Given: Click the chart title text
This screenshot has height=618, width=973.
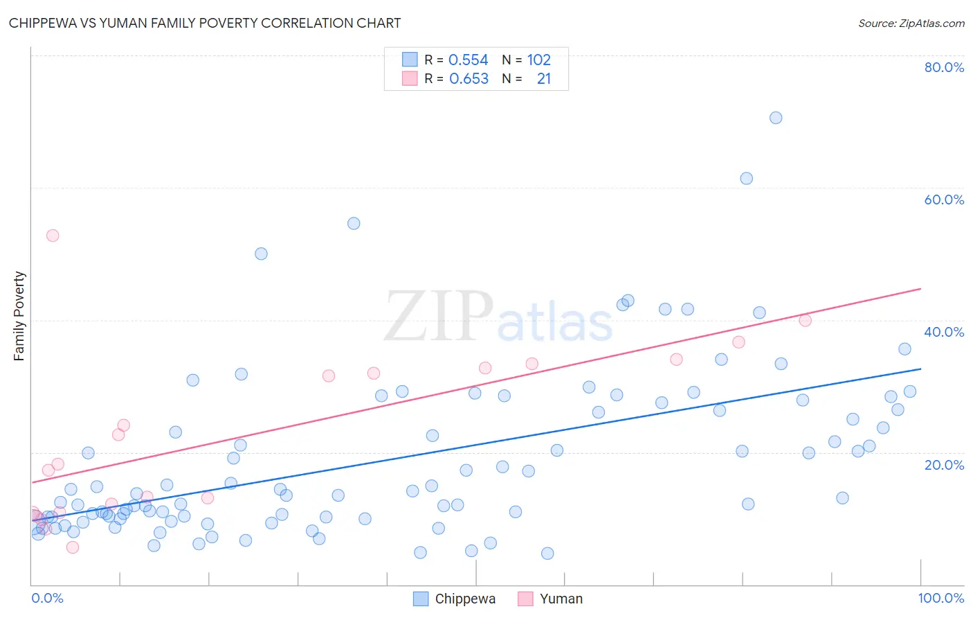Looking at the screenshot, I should point(205,23).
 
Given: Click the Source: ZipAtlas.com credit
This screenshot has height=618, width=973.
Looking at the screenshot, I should point(911,23).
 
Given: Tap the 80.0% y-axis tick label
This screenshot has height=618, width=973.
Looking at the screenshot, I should point(944,67).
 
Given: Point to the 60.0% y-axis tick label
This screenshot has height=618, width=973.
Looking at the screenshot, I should point(944,200).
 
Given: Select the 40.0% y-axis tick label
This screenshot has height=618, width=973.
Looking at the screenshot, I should point(944,332).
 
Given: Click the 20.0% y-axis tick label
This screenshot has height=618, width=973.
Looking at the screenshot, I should point(944,464).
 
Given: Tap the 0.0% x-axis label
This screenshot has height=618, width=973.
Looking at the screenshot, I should point(47,598).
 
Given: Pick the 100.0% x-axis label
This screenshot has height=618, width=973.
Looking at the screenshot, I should point(940,598).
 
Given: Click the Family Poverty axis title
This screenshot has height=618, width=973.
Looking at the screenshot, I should point(19,316).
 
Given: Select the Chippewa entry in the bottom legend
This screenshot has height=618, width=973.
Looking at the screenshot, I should point(464,599).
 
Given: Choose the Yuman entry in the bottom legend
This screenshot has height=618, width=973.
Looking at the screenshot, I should point(561,599).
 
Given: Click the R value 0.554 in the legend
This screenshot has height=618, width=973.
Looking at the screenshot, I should point(469,60).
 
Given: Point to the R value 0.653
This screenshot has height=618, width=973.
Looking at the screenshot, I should point(469,79).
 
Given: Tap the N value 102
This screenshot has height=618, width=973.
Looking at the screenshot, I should point(539,60).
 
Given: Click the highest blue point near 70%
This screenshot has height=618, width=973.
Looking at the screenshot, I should point(776,118).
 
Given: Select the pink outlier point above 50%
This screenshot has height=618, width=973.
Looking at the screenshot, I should point(53,236).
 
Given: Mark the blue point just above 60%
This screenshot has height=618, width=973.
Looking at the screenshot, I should point(746,178).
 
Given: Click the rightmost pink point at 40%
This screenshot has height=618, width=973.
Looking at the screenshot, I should point(805,320).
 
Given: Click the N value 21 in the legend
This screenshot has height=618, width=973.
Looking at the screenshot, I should point(544,79).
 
